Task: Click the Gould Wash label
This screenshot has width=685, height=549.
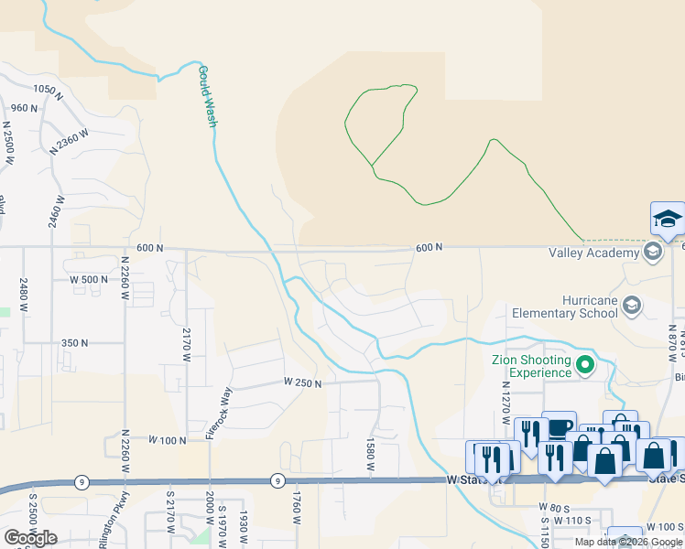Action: [207, 96]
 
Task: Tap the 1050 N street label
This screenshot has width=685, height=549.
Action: [47, 91]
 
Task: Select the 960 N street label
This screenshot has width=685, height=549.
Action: [24, 108]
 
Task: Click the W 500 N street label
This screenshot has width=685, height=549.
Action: [89, 279]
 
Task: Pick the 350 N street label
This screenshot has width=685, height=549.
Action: [74, 343]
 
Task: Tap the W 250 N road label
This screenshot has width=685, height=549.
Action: [302, 383]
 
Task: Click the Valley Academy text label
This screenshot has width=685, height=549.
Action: [593, 253]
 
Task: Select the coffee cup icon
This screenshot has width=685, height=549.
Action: [558, 428]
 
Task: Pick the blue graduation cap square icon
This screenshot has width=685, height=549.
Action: [668, 219]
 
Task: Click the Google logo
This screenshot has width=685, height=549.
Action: [30, 538]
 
